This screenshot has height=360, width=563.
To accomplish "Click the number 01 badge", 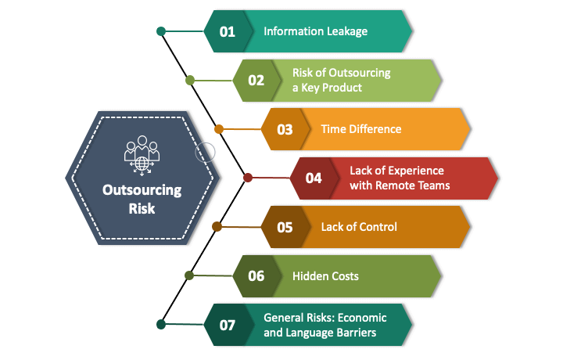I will click(x=228, y=31).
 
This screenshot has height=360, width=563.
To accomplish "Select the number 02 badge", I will click(x=256, y=80).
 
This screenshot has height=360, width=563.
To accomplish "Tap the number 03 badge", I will click(x=285, y=129).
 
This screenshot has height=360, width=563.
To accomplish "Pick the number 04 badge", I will click(x=314, y=178).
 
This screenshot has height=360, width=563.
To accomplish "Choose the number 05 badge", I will click(x=285, y=227).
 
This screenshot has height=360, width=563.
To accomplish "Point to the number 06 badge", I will click(x=256, y=275).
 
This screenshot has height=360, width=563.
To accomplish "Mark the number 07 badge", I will click(x=228, y=324).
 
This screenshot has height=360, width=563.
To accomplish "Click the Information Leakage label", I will click(x=315, y=31).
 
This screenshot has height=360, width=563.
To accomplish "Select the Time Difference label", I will click(x=360, y=129).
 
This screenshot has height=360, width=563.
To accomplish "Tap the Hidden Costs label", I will click(x=325, y=275).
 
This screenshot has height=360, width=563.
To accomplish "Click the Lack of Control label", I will click(x=359, y=227).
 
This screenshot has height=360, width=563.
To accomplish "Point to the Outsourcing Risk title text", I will click(x=142, y=199).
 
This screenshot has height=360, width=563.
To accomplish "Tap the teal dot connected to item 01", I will click(x=161, y=31).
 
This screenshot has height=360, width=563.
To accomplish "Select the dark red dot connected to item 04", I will click(x=248, y=178).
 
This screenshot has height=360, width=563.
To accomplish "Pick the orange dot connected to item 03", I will click(x=219, y=129).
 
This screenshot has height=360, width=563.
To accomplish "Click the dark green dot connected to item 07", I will click(x=161, y=324).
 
